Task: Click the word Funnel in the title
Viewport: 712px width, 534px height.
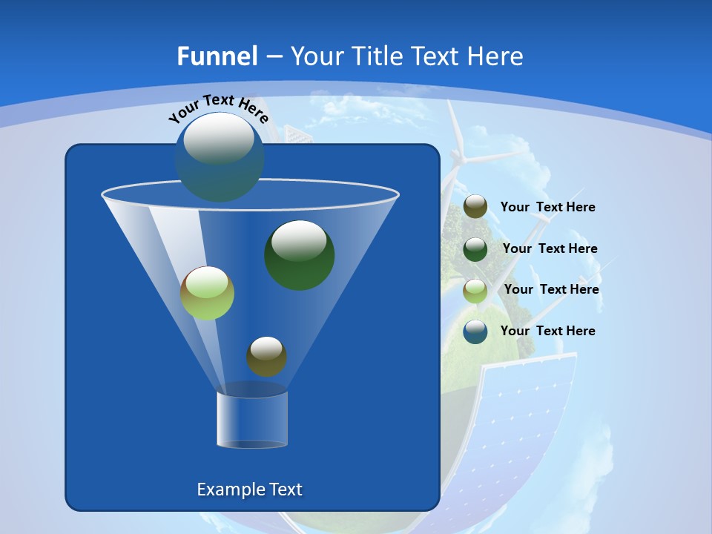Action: tap(217, 56)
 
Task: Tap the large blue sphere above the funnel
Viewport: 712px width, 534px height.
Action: tap(220, 156)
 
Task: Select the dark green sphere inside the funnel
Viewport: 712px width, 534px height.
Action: tap(300, 254)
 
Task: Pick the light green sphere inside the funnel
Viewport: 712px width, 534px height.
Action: tap(208, 293)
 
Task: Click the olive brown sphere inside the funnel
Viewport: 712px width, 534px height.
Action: tap(266, 356)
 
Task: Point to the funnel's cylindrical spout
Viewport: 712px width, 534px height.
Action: tap(252, 419)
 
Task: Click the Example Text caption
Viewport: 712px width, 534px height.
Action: tap(249, 489)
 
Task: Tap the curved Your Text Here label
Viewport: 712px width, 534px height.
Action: tap(219, 109)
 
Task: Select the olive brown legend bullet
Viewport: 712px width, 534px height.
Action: tap(475, 207)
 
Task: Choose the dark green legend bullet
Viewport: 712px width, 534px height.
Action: tap(475, 249)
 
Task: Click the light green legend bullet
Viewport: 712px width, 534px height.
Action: tap(475, 290)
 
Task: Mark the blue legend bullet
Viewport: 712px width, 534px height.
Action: tap(475, 332)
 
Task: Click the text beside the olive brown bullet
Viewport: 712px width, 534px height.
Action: tap(547, 208)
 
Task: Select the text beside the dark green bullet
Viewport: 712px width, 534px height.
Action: tap(550, 249)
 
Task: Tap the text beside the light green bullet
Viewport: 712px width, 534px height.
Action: tap(551, 290)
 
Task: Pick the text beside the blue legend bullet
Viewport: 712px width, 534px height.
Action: tap(547, 332)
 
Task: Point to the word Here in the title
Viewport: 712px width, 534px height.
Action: tap(496, 56)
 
